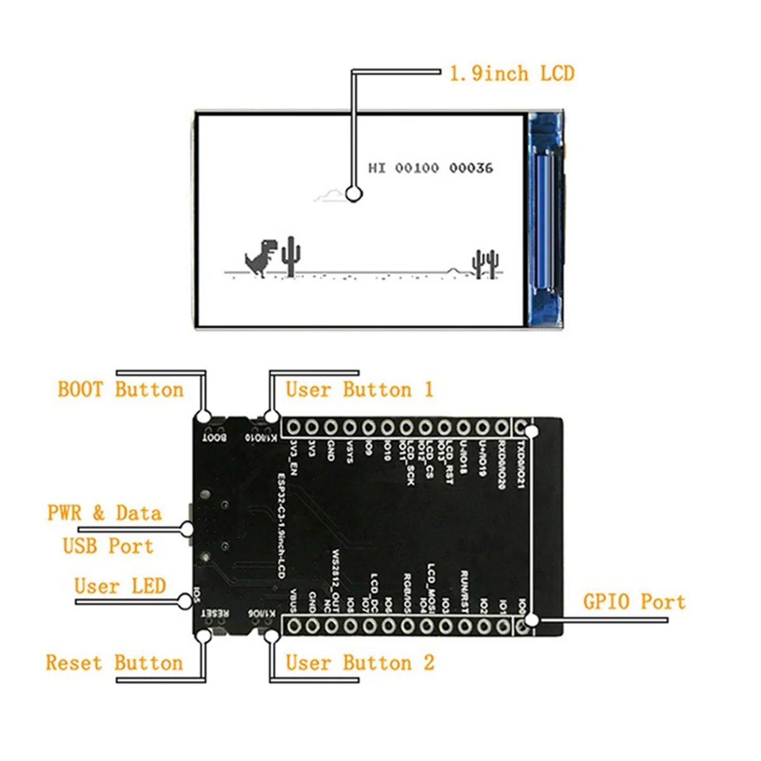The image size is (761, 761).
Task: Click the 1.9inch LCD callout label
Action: tap(512, 74)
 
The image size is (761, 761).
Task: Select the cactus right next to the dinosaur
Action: tap(291, 256)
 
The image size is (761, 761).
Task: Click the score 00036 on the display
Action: tap(471, 168)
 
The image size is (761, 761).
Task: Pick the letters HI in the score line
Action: tap(377, 168)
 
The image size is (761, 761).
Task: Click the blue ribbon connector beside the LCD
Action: tap(545, 219)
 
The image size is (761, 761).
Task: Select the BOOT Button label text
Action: tap(120, 389)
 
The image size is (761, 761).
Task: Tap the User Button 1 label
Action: tap(360, 389)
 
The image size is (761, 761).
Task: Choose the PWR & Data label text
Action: tap(105, 512)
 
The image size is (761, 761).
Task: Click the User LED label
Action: tap(120, 586)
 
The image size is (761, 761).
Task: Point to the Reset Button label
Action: tap(114, 663)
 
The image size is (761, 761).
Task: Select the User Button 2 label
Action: tap(360, 663)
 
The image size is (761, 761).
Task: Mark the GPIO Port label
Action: tap(634, 601)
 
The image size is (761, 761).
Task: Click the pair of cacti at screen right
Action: tap(485, 263)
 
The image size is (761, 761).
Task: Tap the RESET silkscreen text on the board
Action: tap(214, 614)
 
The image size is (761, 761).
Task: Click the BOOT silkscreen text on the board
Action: tap(214, 438)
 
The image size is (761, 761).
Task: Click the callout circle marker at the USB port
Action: tap(186, 528)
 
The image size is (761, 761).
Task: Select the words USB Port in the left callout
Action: tap(108, 545)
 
